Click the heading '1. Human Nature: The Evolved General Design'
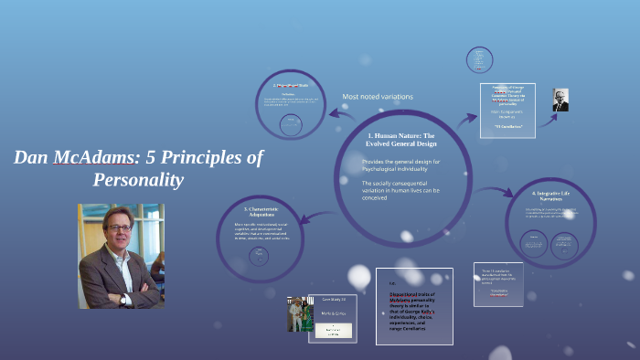coord(400,139)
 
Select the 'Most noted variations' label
coord(377,97)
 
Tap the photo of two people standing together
coord(295,312)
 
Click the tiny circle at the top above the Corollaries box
coord(479,60)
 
